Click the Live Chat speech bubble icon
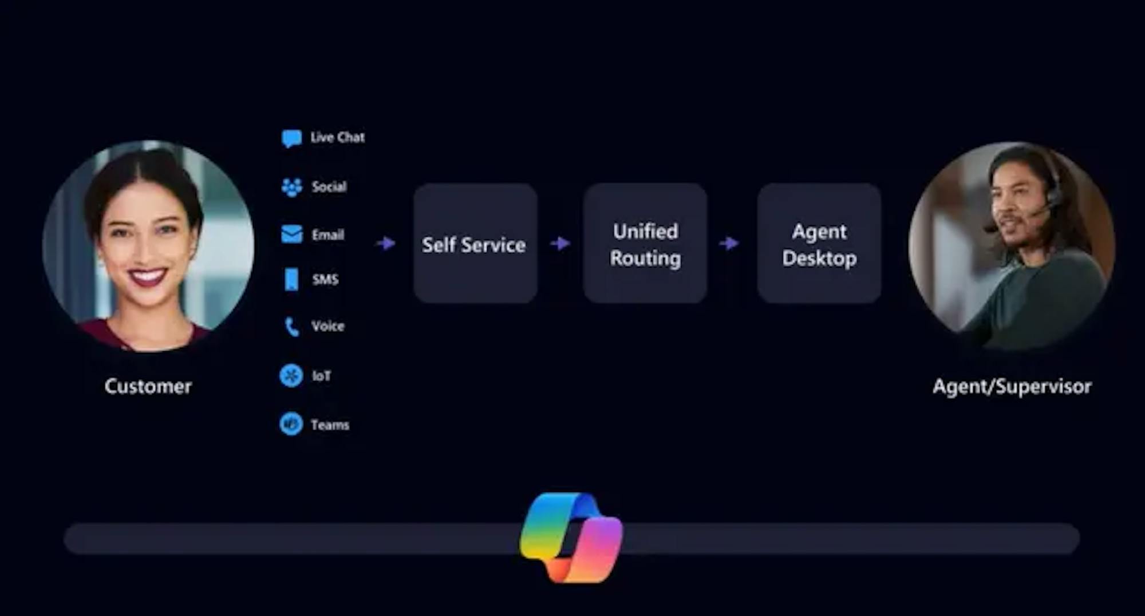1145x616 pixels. coord(291,138)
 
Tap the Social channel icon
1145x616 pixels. coord(291,187)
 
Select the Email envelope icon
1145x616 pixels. coord(291,234)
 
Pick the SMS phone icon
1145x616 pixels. coord(291,280)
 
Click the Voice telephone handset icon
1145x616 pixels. coord(291,327)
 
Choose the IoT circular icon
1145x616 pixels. coord(291,376)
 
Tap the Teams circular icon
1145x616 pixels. coord(291,424)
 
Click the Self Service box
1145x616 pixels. coord(475,244)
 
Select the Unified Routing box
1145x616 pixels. coord(645,244)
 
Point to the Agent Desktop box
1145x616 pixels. coord(819,244)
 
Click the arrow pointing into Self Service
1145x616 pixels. coord(386,244)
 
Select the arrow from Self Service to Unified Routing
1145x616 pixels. coord(560,244)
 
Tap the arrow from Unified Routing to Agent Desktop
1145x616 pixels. coord(729,244)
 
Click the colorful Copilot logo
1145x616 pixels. coord(571,538)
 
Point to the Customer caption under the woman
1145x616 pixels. coord(148,387)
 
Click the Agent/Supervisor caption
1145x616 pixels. coord(1012,387)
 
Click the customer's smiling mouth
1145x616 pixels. coord(147,277)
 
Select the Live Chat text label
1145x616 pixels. coord(337,138)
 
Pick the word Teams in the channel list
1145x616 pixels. coord(330,425)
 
